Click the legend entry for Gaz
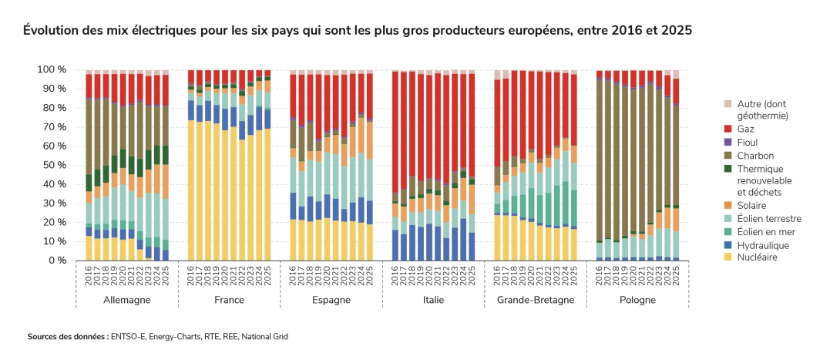tap(744, 129)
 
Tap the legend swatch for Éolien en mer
tap(727, 232)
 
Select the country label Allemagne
tap(126, 300)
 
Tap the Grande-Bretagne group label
tap(535, 300)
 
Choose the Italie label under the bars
tap(433, 300)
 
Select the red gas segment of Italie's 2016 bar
tap(395, 132)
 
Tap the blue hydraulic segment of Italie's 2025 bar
tap(471, 246)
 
